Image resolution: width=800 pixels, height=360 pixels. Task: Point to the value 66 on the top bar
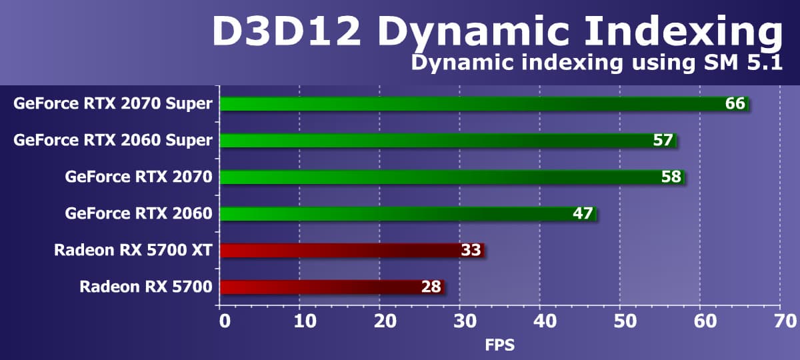(735, 104)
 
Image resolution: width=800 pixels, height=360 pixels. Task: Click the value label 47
(583, 214)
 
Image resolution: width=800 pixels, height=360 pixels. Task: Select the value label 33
(471, 251)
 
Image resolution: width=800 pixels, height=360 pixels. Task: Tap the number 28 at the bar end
(431, 287)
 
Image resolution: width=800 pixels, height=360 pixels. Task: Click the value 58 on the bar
(671, 177)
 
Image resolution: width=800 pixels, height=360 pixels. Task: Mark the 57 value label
(663, 141)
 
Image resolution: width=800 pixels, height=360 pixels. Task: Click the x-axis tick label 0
(225, 321)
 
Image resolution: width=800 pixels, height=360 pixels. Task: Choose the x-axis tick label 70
(780, 321)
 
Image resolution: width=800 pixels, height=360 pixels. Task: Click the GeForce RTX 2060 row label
(139, 214)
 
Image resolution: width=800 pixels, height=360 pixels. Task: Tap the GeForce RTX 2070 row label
(139, 177)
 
